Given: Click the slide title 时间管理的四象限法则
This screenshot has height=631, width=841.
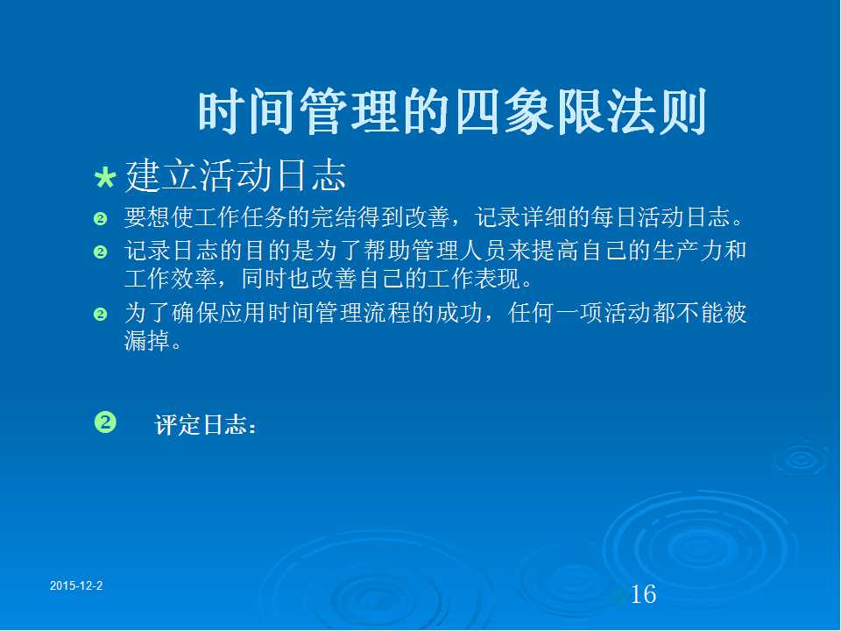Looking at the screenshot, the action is tap(453, 112).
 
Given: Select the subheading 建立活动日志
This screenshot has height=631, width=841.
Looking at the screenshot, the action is tap(236, 175).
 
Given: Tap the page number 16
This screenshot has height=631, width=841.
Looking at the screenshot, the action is tap(643, 594).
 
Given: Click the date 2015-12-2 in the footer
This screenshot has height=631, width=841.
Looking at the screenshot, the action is tap(76, 585).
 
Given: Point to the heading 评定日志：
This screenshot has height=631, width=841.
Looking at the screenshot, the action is tap(205, 424).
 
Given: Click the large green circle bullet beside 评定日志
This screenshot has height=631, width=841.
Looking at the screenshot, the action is tap(105, 422).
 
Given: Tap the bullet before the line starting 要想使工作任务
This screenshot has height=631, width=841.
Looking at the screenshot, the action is tap(100, 218).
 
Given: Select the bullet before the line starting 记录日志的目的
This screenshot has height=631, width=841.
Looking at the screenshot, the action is tap(100, 252).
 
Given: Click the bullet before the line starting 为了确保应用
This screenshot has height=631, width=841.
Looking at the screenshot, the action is tap(100, 314).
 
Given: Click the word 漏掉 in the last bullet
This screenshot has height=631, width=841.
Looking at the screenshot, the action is tap(147, 340).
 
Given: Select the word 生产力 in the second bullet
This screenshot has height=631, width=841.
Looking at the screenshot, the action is tap(687, 251).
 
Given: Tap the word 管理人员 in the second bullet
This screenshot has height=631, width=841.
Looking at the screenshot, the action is tap(458, 251).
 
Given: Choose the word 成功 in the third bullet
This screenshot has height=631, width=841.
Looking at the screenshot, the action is tap(458, 313).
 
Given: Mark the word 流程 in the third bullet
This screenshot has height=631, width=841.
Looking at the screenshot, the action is tap(387, 313).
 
